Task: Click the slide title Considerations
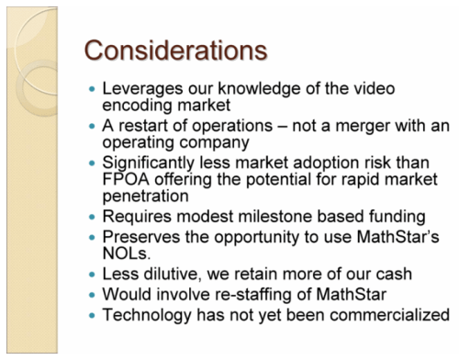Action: click(x=169, y=47)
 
